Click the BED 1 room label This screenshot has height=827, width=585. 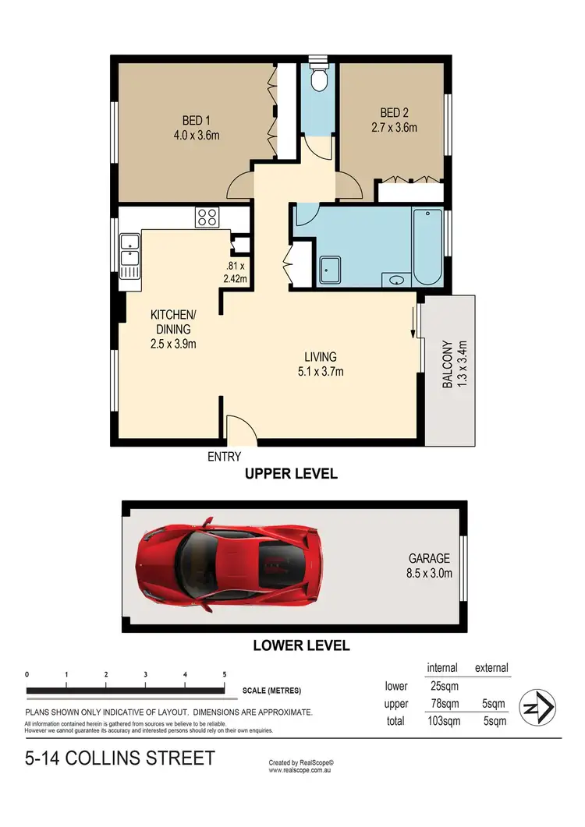196,127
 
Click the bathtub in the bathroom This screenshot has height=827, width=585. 427,246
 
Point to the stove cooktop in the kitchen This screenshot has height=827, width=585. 207,217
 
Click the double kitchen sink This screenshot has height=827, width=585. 129,256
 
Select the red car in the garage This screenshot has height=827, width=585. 229,564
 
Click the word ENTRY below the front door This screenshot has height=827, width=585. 224,457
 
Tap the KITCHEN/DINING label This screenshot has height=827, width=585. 173,329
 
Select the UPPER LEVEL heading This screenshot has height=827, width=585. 291,474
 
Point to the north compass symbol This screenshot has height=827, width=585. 537,709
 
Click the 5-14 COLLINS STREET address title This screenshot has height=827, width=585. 119,758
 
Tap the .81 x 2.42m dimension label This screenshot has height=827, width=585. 236,271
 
